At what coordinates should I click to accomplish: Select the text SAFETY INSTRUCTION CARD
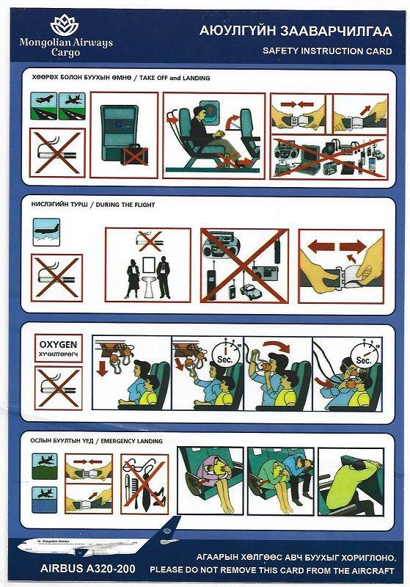tap(327, 51)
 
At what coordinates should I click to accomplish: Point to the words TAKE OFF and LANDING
tap(169, 78)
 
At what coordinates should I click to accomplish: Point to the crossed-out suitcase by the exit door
tap(134, 155)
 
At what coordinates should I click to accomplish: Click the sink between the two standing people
tap(149, 278)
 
